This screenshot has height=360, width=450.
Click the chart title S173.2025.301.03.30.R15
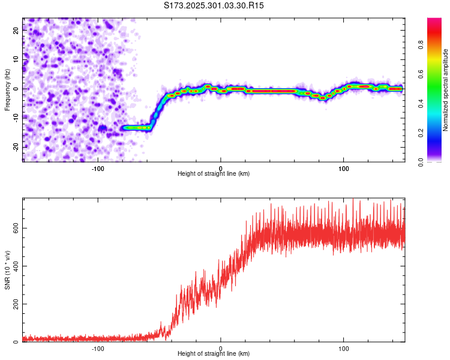[214, 5]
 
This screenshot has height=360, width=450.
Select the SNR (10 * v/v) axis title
[7, 270]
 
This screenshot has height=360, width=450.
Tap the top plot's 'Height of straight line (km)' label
[214, 173]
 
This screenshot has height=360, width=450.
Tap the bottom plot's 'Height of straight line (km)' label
[214, 353]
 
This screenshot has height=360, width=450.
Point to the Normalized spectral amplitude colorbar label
[445, 90]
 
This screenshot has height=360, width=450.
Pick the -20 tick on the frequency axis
[16, 147]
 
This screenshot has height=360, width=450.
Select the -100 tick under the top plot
[98, 167]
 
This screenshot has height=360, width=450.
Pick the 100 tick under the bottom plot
[344, 347]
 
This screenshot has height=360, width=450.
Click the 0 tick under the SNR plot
[221, 347]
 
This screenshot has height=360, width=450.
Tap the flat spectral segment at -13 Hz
[137, 127]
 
